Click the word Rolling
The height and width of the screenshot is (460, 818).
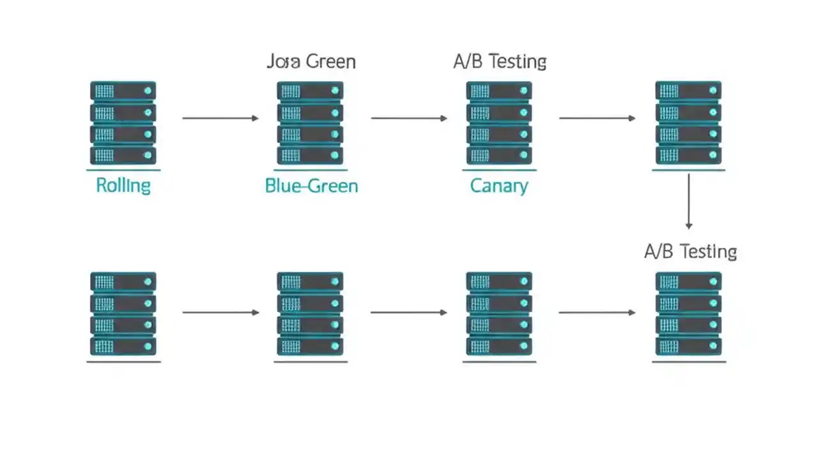coord(123,186)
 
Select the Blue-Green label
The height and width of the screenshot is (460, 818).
coord(311,186)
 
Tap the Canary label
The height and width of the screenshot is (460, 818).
coord(499,186)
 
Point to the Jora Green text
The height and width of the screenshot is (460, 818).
coord(311,62)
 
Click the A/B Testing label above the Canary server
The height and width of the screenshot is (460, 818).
coord(500,62)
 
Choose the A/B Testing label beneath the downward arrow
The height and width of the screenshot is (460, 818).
coord(690,252)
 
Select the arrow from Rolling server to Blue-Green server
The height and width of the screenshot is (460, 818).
coord(220,118)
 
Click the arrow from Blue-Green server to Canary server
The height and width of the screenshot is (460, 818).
coord(409,118)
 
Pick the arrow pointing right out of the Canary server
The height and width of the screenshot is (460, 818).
coord(597,118)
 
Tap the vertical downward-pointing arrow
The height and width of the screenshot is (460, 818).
coord(689,201)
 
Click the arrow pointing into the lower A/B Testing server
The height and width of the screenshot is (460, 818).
coord(597,312)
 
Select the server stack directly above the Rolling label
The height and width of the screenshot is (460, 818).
coord(123,123)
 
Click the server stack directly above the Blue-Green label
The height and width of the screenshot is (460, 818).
coord(310,123)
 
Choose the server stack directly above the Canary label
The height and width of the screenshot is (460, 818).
coord(499,123)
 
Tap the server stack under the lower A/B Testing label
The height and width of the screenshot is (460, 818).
coord(689,314)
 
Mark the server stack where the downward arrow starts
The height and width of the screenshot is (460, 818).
coord(689,123)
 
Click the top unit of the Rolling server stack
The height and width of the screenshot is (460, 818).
coord(123,91)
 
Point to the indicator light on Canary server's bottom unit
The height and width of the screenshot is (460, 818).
coord(524,155)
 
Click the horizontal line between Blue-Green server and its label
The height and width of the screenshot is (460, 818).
coord(311,171)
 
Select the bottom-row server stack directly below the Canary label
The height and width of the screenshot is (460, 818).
coord(499,314)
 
